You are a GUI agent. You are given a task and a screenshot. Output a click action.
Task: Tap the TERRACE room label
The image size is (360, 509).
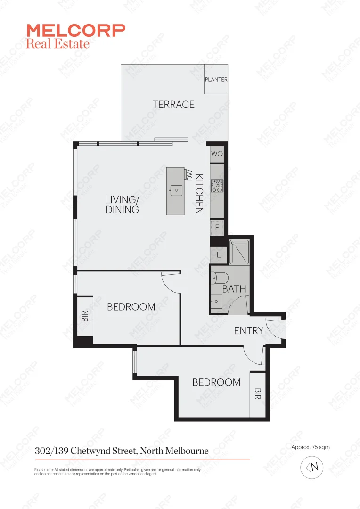(173, 104)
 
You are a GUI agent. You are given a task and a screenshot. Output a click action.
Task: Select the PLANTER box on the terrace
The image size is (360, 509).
(216, 79)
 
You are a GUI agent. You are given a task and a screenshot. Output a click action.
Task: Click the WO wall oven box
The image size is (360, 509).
(217, 154)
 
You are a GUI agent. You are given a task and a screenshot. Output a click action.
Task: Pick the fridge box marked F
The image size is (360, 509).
(217, 228)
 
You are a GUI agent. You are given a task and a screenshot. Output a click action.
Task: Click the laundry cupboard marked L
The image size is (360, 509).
(218, 255)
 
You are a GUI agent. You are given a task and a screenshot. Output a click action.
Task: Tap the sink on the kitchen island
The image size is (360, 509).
(176, 190)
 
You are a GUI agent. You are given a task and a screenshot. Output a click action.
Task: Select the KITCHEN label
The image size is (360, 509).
(199, 194)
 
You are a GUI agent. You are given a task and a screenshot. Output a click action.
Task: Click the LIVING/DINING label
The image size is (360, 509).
(122, 205)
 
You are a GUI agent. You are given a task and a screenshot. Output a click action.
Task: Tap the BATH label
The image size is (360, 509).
(235, 289)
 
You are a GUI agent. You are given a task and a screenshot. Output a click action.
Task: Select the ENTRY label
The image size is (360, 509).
(248, 330)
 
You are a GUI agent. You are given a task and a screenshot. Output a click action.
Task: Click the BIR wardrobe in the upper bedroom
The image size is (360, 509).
(85, 316)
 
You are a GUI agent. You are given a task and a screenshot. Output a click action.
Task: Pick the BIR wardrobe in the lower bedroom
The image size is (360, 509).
(257, 394)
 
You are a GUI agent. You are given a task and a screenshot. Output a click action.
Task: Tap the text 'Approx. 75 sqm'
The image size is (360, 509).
(311, 447)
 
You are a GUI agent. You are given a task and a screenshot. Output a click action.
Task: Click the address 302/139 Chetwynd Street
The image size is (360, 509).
(122, 451)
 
